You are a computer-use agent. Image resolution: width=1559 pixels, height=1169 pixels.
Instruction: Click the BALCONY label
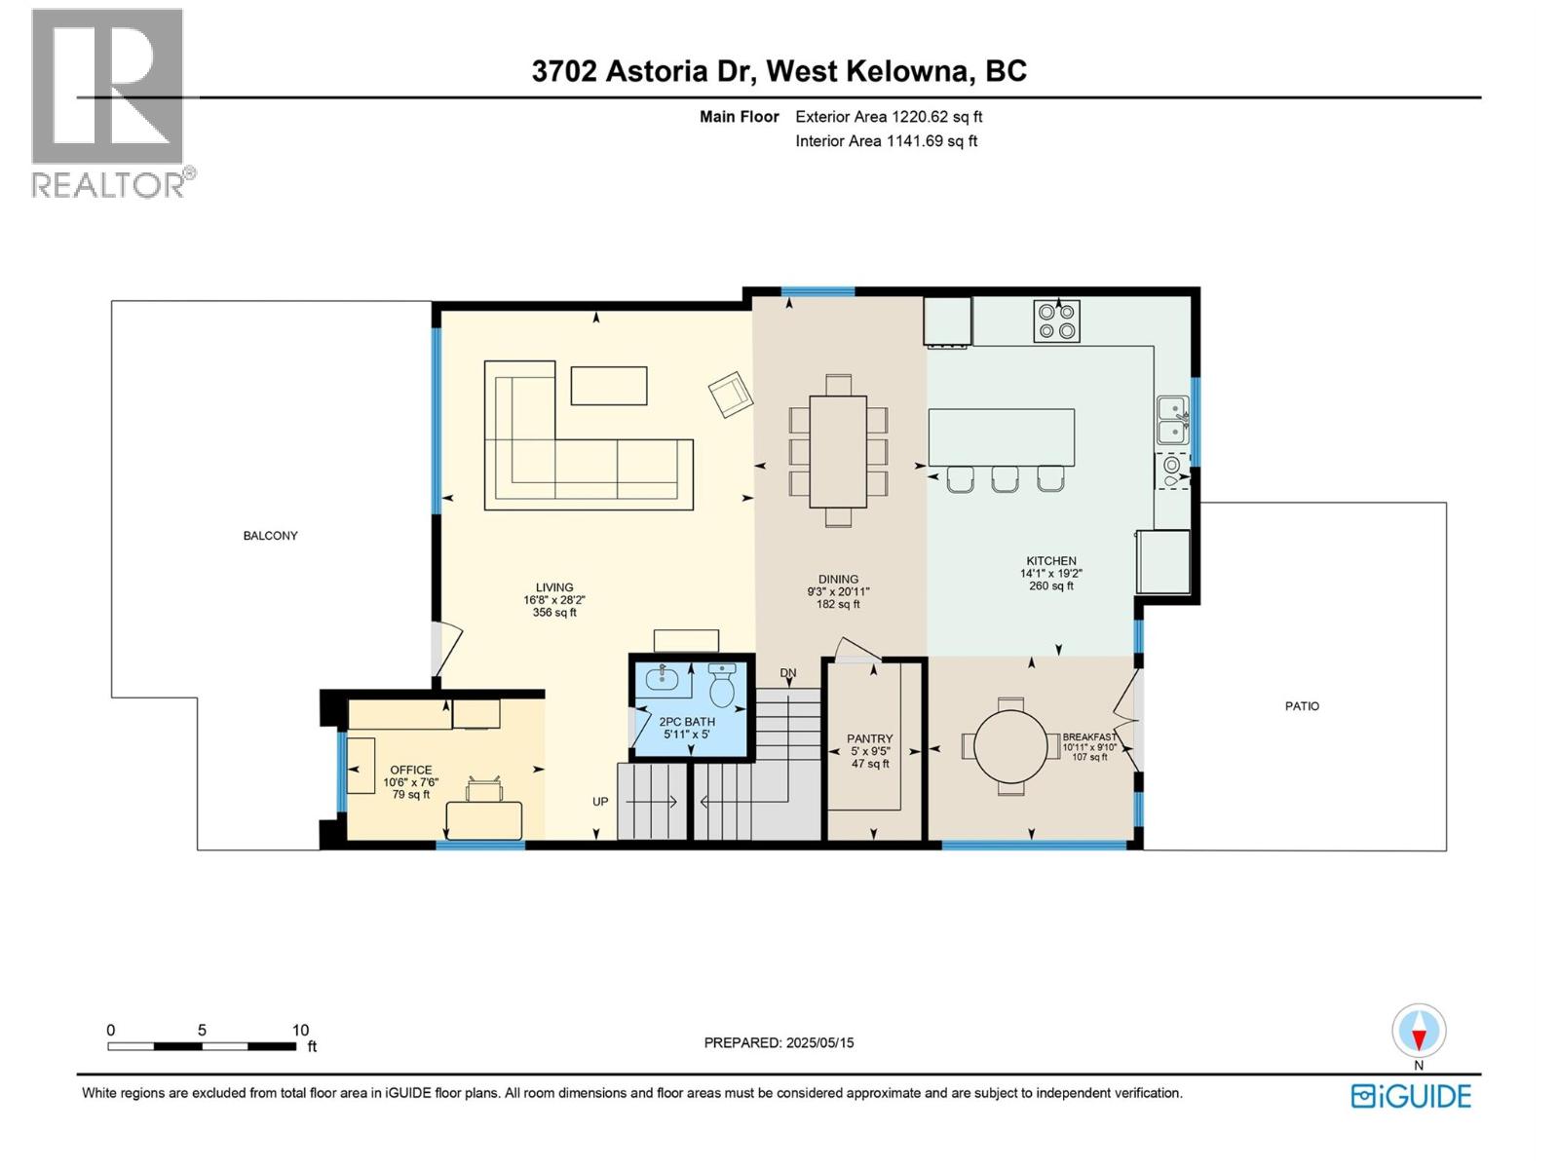pyautogui.click(x=270, y=536)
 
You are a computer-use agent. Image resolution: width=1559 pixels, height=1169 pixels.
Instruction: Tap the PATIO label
pyautogui.click(x=1302, y=706)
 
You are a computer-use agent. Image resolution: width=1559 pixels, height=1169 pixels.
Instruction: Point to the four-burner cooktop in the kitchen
pyautogui.click(x=1056, y=321)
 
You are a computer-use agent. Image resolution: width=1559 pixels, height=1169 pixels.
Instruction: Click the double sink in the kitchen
pyautogui.click(x=1172, y=420)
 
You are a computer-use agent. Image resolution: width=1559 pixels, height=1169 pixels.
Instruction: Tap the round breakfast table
pyautogui.click(x=1011, y=746)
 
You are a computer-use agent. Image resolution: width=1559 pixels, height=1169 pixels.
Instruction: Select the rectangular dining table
pyautogui.click(x=838, y=451)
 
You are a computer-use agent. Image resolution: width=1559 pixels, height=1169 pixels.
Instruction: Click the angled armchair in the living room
pyautogui.click(x=731, y=395)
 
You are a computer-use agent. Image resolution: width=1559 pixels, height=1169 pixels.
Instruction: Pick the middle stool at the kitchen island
pyautogui.click(x=1005, y=478)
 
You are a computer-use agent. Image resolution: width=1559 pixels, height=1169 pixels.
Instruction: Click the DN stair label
pyautogui.click(x=788, y=673)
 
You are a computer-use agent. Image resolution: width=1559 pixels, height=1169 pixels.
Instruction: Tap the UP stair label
pyautogui.click(x=600, y=802)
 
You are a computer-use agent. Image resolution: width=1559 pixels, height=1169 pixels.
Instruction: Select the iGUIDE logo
pyautogui.click(x=1411, y=1096)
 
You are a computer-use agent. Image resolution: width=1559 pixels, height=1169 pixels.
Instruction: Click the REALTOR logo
pyautogui.click(x=109, y=102)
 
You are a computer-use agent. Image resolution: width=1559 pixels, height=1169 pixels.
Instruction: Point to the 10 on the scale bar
pyautogui.click(x=300, y=1030)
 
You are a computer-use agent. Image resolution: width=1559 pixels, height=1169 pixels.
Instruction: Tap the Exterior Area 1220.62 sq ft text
pyautogui.click(x=888, y=117)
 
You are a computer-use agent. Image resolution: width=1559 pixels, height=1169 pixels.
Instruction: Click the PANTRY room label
pyautogui.click(x=869, y=739)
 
